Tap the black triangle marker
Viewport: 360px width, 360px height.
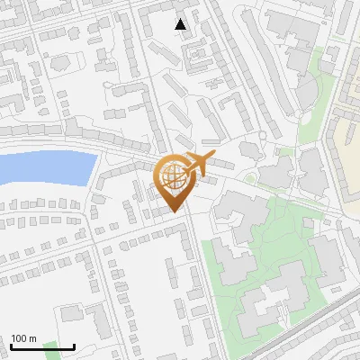point(181,24)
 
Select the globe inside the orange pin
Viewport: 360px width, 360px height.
point(172,175)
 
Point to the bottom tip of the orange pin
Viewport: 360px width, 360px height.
point(173,211)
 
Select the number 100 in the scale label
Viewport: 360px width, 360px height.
point(19,339)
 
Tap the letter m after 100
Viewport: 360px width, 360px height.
point(32,339)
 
